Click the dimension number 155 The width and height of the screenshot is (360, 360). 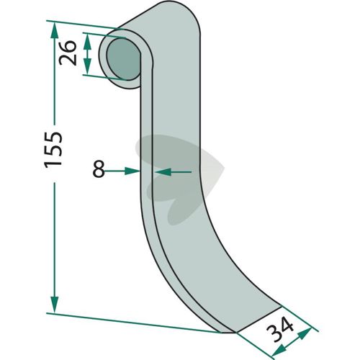pyautogui.click(x=53, y=149)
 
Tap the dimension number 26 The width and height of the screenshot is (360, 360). pyautogui.click(x=68, y=53)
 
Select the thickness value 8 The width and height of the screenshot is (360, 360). pyautogui.click(x=99, y=169)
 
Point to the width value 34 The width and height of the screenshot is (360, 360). pyautogui.click(x=280, y=329)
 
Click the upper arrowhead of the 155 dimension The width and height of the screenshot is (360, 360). pyautogui.click(x=55, y=30)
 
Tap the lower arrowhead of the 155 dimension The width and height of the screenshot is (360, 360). pyautogui.click(x=55, y=305)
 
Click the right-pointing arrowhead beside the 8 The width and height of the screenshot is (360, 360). pyautogui.click(x=132, y=171)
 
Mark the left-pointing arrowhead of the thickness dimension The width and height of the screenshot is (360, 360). pyautogui.click(x=163, y=172)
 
